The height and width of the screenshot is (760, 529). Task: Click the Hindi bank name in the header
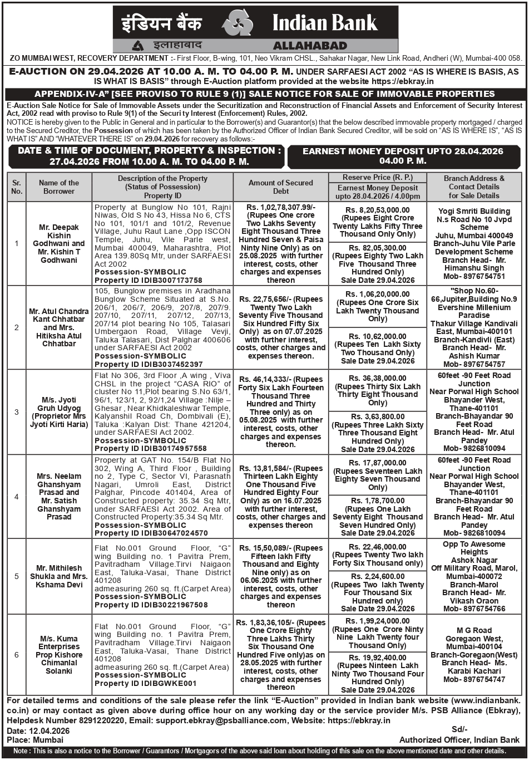click(162, 23)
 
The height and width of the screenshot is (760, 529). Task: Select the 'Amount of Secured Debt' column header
click(281, 187)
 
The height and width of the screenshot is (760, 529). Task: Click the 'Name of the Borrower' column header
click(59, 187)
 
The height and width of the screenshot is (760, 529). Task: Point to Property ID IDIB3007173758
click(149, 280)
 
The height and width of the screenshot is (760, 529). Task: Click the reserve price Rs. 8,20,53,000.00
click(378, 210)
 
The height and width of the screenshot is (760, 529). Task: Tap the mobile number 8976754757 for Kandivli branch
click(474, 364)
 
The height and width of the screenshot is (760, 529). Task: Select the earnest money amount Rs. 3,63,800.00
click(378, 416)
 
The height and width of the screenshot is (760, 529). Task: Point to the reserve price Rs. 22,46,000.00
click(378, 547)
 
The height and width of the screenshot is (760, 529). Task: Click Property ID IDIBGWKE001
click(146, 683)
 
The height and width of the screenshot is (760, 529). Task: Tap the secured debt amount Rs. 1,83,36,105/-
click(281, 622)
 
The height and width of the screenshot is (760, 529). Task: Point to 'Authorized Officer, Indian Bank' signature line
click(459, 740)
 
